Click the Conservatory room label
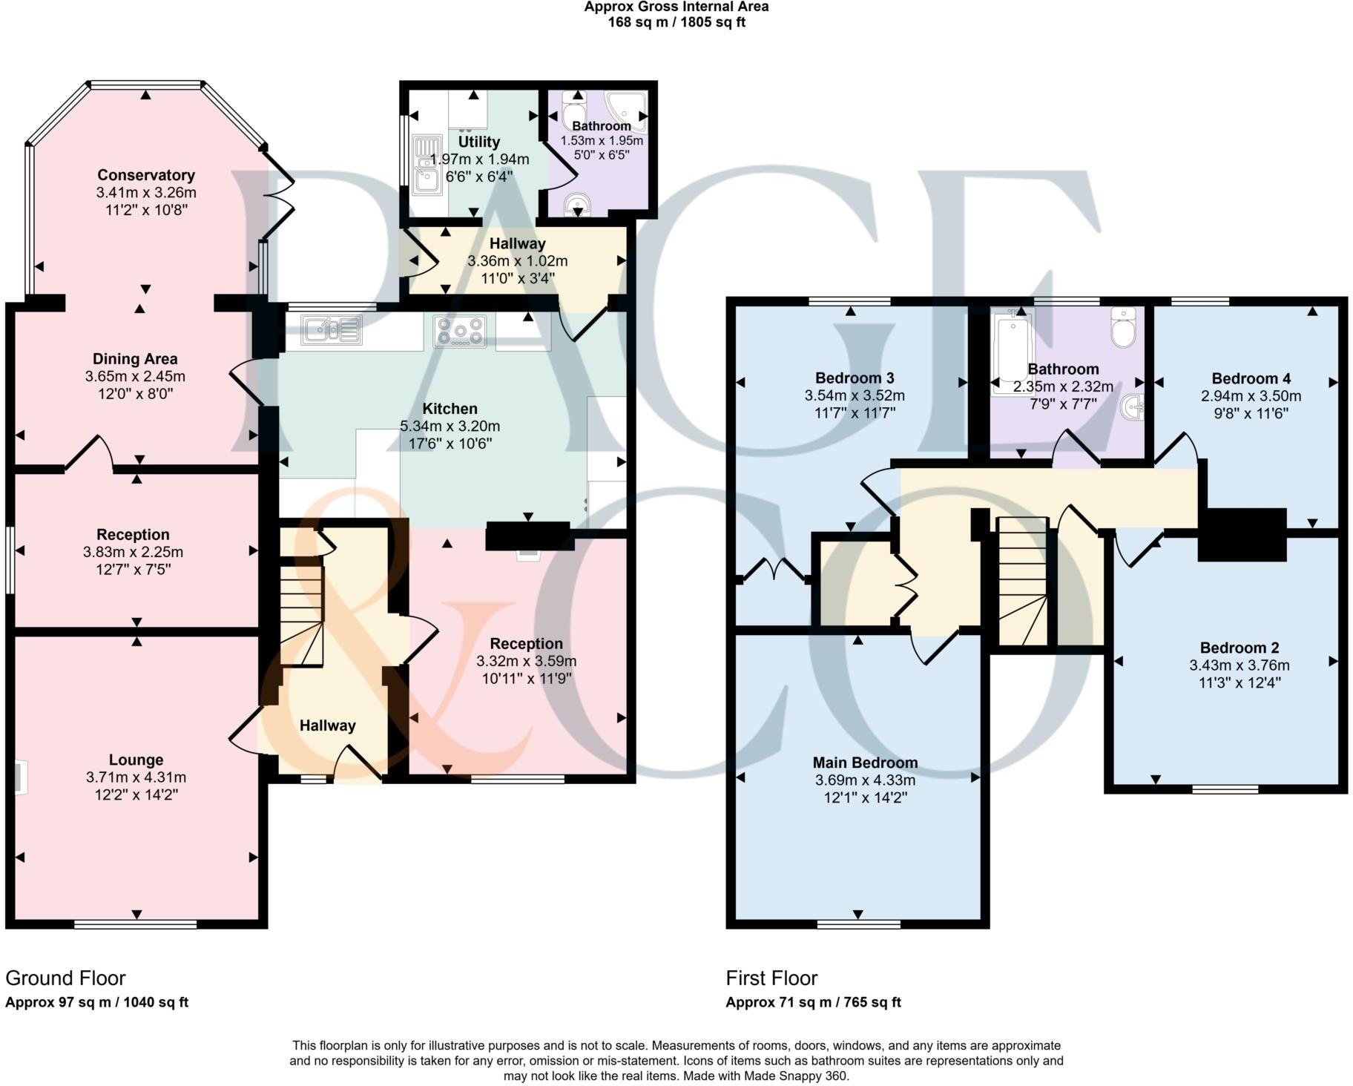tap(146, 175)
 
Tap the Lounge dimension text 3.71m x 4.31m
tap(136, 777)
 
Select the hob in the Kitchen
tap(460, 331)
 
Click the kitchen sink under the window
tap(332, 329)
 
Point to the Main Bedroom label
tap(865, 763)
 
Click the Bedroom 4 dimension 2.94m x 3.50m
tap(1251, 396)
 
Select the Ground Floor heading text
tap(65, 978)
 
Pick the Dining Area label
tap(135, 359)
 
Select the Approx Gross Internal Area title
tap(676, 7)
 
